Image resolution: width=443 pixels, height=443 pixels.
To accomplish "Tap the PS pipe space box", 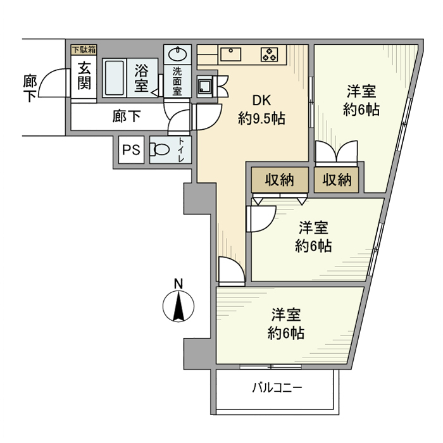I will (x=131, y=150).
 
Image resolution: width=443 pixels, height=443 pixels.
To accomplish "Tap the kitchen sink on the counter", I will (x=232, y=54).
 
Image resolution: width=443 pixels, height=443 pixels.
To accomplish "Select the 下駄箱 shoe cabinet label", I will (x=83, y=49).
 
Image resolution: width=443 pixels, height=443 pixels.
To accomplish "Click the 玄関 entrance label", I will (x=84, y=75).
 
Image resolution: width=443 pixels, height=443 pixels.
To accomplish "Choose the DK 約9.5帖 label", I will (x=260, y=109).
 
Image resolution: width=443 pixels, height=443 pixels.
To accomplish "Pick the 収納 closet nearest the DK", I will (x=279, y=180).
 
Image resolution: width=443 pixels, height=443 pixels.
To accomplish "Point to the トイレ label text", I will (x=182, y=150).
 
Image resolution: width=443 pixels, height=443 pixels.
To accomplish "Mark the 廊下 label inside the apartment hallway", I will (x=126, y=116).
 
